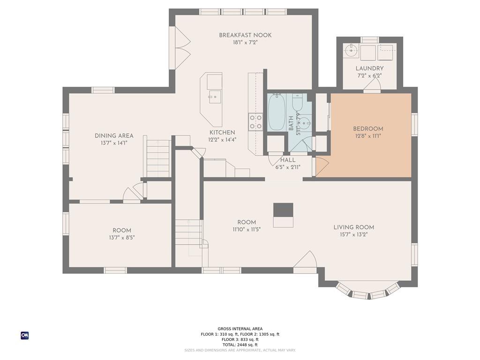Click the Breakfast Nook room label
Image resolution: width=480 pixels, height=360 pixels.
click(x=245, y=35)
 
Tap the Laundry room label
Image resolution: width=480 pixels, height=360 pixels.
click(x=369, y=68)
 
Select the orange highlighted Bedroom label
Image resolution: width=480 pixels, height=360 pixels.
click(x=368, y=129)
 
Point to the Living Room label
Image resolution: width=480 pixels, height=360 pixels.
click(x=353, y=227)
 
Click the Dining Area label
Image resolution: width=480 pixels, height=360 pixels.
click(x=114, y=135)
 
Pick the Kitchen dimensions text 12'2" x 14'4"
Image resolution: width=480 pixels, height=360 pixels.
click(x=222, y=140)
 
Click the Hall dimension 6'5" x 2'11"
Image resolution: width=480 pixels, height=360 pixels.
click(x=288, y=167)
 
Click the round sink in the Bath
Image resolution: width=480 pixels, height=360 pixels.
click(x=304, y=123)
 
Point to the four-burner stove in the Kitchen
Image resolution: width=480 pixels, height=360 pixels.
click(x=255, y=121)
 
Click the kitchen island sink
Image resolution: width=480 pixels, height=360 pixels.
click(x=215, y=97)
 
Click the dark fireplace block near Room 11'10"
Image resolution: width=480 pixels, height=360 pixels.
click(x=283, y=210)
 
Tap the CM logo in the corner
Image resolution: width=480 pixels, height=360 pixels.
click(x=25, y=336)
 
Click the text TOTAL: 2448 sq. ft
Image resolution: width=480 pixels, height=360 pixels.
click(x=240, y=345)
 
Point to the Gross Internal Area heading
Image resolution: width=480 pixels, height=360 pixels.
click(x=240, y=329)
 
